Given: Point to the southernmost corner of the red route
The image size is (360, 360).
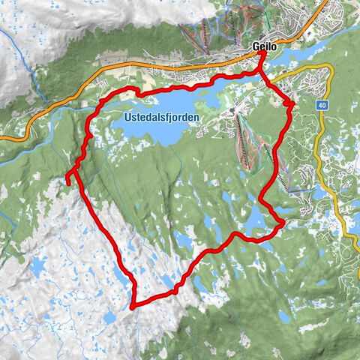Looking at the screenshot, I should pyautogui.click(x=131, y=307).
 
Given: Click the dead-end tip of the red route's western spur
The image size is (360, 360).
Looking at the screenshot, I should pyautogui.click(x=67, y=182).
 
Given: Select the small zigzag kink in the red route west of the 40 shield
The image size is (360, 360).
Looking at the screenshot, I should pyautogui.click(x=290, y=103).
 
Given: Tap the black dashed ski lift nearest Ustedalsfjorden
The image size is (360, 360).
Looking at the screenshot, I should pyautogui.click(x=244, y=142).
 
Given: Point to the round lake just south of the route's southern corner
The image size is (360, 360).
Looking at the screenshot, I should pyautogui.click(x=110, y=318).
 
